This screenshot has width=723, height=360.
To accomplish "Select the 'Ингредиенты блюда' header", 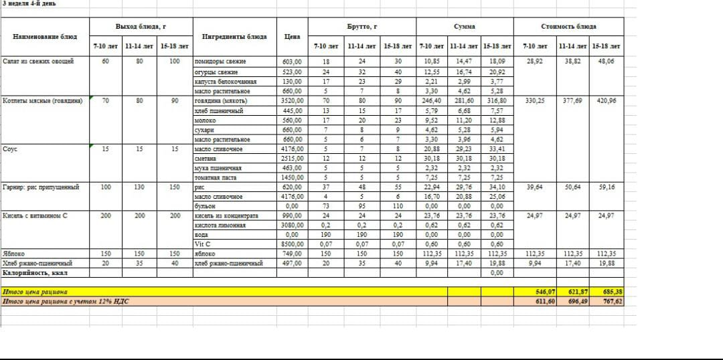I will (x=234, y=36).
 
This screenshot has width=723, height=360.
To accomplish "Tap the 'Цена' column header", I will (x=293, y=36).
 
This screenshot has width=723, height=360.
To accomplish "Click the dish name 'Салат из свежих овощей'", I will (x=38, y=61).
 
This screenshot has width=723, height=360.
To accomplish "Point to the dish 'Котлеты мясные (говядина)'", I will (x=43, y=100).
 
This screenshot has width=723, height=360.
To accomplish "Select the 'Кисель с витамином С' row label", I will (x=36, y=216).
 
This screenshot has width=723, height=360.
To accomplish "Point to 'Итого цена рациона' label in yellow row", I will (x=35, y=292).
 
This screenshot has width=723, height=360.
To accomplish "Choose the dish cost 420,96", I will (x=607, y=100).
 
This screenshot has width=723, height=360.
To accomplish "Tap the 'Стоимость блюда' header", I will (x=568, y=27).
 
